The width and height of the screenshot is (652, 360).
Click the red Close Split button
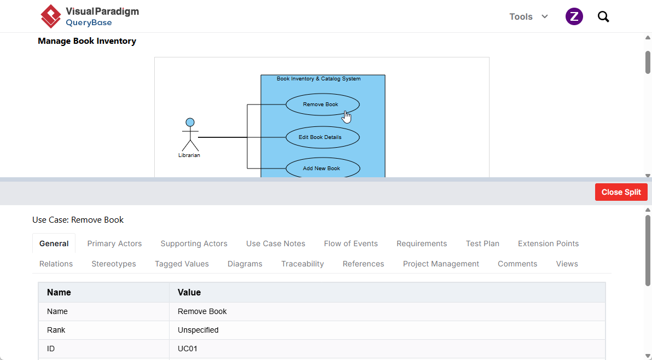click(x=621, y=192)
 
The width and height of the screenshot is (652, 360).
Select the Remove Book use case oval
click(x=323, y=104)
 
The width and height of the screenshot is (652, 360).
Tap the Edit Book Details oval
click(x=323, y=137)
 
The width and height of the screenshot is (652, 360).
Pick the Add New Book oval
click(x=323, y=169)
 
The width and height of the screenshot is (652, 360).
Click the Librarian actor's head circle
click(x=190, y=122)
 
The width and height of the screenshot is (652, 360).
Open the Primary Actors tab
click(x=114, y=243)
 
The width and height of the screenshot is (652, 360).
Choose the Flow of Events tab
click(x=351, y=243)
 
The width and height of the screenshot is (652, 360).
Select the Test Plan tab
click(x=482, y=243)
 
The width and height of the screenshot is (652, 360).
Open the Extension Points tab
click(x=548, y=243)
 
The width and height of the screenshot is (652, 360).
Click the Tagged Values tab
click(x=182, y=264)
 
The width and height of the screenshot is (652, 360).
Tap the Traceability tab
click(x=302, y=264)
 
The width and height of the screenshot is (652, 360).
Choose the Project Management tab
click(x=441, y=264)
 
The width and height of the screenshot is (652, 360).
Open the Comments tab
click(x=517, y=264)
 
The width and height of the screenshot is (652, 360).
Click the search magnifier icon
click(x=603, y=16)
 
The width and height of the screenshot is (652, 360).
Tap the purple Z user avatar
click(x=574, y=16)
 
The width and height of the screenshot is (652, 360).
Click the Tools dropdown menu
click(x=528, y=16)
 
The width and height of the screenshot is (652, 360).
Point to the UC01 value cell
click(x=387, y=349)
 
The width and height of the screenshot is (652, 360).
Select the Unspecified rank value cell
click(x=387, y=330)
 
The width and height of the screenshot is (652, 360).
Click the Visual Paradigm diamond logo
click(x=51, y=16)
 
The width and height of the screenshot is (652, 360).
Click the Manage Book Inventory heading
click(x=87, y=41)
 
